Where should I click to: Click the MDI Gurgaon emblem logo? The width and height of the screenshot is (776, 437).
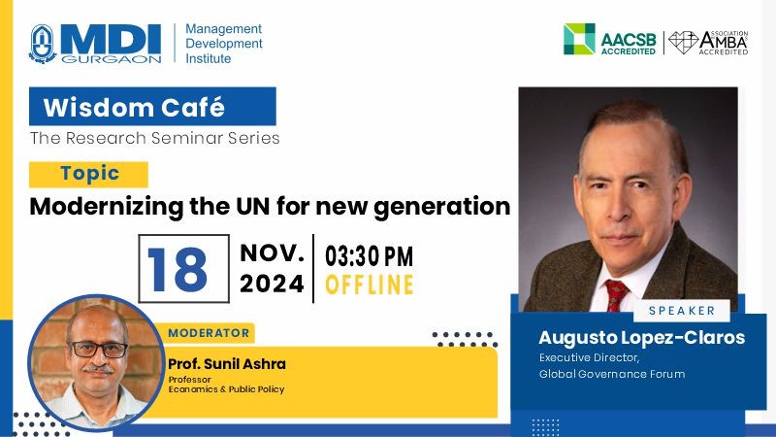pyautogui.click(x=43, y=44)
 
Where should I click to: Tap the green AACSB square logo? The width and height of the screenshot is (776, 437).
pyautogui.click(x=579, y=39)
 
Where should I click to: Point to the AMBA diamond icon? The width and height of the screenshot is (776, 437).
pyautogui.click(x=683, y=43)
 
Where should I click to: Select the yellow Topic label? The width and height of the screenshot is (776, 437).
pyautogui.click(x=88, y=175)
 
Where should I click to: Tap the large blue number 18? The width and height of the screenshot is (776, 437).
pyautogui.click(x=178, y=269)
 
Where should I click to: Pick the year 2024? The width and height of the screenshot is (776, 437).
pyautogui.click(x=272, y=284)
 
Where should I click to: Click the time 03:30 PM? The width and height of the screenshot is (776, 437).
pyautogui.click(x=369, y=256)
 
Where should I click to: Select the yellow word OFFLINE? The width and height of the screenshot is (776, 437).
pyautogui.click(x=370, y=285)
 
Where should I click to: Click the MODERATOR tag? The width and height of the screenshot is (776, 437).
pyautogui.click(x=209, y=333)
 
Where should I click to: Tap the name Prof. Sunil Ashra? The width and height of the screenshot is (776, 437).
pyautogui.click(x=227, y=364)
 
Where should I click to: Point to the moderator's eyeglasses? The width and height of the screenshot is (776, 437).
pyautogui.click(x=98, y=350)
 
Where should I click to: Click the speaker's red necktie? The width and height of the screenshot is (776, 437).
pyautogui.click(x=616, y=295)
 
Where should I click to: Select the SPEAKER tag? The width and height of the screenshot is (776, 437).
pyautogui.click(x=682, y=311)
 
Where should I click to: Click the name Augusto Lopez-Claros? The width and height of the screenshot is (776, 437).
pyautogui.click(x=642, y=337)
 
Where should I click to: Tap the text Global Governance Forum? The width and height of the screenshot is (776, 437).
pyautogui.click(x=612, y=374)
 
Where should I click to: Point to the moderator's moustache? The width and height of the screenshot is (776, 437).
pyautogui.click(x=98, y=369)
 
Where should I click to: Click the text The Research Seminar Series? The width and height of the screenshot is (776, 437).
pyautogui.click(x=154, y=138)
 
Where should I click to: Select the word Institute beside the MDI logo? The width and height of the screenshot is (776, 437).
pyautogui.click(x=208, y=58)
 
